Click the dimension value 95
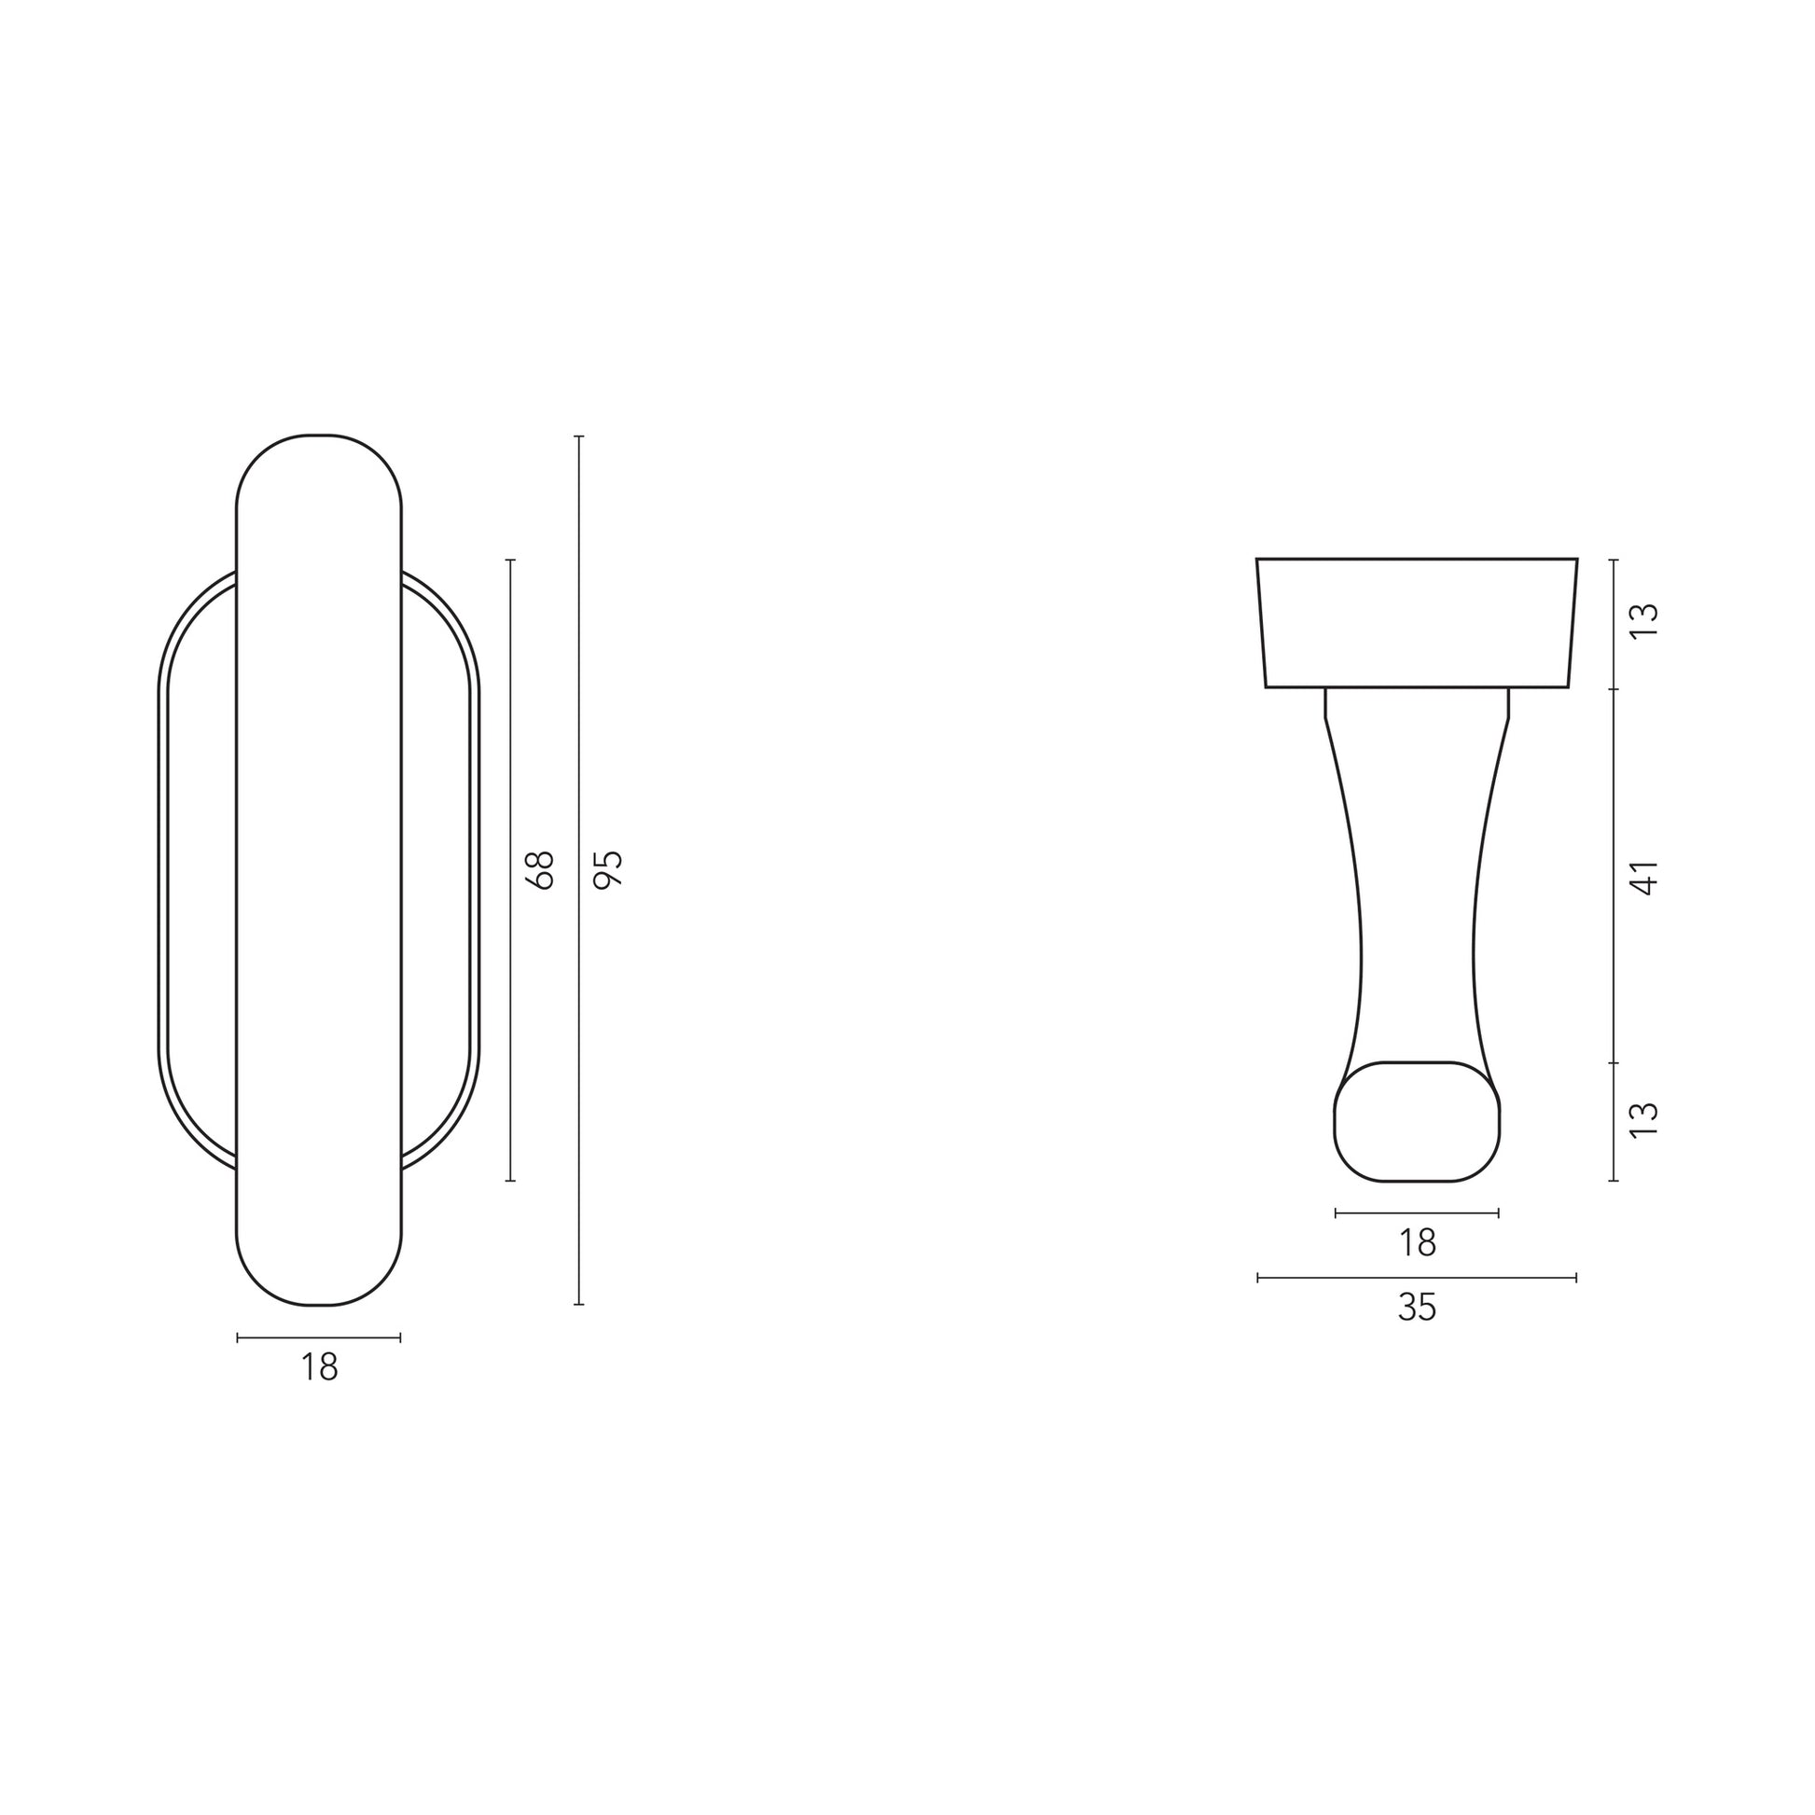tap(611, 869)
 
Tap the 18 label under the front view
tap(319, 1368)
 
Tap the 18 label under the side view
tap(1418, 1243)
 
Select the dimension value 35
tap(1418, 1308)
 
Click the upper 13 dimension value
tap(1645, 621)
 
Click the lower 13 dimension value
tap(1645, 1121)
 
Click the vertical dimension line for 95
tap(578, 871)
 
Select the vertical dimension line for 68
tap(511, 870)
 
